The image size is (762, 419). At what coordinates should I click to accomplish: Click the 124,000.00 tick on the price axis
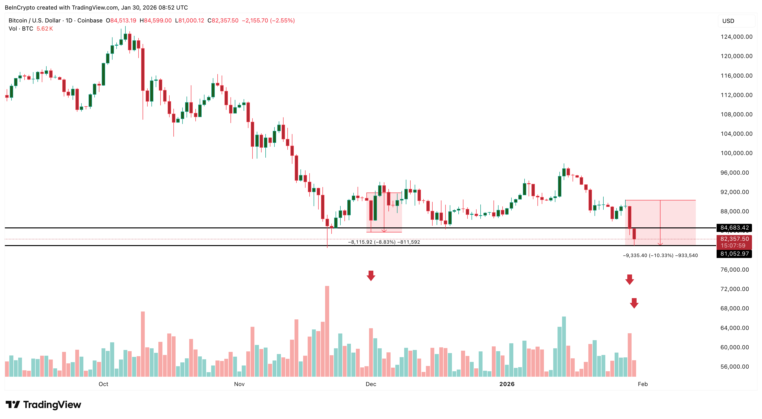(x=736, y=37)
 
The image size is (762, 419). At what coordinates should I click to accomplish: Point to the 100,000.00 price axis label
(x=736, y=153)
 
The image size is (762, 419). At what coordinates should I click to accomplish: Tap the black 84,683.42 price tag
(x=734, y=228)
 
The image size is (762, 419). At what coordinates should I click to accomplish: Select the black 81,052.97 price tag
(x=734, y=254)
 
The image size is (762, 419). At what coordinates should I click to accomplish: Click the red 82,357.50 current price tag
(x=734, y=239)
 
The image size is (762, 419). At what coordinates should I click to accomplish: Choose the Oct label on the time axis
(x=103, y=384)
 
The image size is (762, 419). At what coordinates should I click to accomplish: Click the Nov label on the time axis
(x=239, y=384)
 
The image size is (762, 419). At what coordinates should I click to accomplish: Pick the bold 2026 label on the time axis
(x=507, y=384)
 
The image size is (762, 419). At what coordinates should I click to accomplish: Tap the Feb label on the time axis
(x=643, y=384)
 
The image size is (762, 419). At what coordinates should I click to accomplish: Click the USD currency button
(x=728, y=21)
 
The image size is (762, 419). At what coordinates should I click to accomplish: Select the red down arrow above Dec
(x=371, y=275)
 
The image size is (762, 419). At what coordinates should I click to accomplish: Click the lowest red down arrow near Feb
(x=634, y=303)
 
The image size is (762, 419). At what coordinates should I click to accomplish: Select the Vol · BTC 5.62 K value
(x=44, y=29)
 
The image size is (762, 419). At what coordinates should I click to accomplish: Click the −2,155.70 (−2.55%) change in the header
(x=268, y=20)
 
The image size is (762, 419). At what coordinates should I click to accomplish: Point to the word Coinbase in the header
(x=90, y=20)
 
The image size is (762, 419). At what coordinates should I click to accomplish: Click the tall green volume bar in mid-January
(x=564, y=346)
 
